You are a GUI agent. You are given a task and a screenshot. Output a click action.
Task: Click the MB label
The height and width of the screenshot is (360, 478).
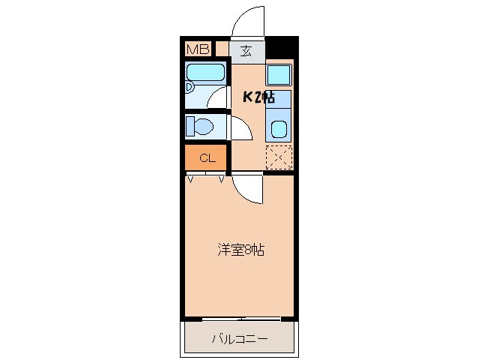tap(198, 49)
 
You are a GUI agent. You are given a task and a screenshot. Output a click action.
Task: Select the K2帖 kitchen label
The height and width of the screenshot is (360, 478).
tap(258, 97)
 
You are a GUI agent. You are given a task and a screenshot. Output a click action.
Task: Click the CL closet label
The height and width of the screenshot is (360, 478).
tap(208, 158)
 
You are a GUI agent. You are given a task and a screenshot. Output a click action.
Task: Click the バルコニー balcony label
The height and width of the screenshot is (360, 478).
tap(239, 340)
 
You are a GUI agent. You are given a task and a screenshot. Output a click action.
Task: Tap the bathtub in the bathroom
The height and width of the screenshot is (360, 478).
tap(206, 73)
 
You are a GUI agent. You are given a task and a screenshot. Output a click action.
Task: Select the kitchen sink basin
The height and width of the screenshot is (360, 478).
tap(279, 128)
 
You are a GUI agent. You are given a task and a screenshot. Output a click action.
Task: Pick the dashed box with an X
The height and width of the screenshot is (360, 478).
tap(279, 157)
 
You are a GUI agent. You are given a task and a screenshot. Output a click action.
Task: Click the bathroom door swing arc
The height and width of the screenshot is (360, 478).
tap(220, 97)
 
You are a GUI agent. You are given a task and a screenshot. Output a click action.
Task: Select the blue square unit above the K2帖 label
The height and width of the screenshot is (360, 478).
tap(279, 75)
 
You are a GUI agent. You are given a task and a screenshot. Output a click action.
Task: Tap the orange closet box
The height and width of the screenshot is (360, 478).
tap(208, 158)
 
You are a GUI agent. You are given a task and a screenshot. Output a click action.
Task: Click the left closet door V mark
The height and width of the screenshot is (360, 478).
tap(191, 179)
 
